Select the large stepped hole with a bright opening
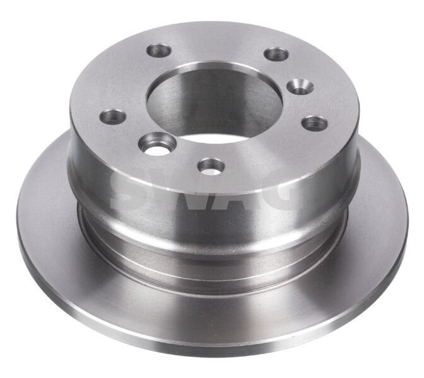154,142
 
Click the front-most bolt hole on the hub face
211,166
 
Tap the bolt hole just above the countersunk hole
276,54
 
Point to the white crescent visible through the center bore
208,137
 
